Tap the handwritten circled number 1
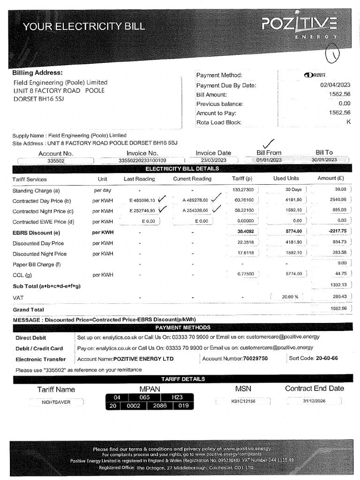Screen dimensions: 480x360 (334, 56)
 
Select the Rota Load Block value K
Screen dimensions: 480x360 (348, 122)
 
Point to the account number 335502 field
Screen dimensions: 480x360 (56, 160)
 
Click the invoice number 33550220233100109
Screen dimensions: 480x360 (142, 160)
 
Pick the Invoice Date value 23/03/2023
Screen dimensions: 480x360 (213, 160)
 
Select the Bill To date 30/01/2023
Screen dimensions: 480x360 (324, 160)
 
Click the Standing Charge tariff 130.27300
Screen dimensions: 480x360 (243, 190)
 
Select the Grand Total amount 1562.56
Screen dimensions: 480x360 (337, 309)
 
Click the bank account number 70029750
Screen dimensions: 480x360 (255, 359)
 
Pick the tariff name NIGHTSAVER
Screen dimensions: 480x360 (56, 402)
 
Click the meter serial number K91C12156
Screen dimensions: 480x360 (243, 402)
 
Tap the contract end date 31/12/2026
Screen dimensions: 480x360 (314, 402)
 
